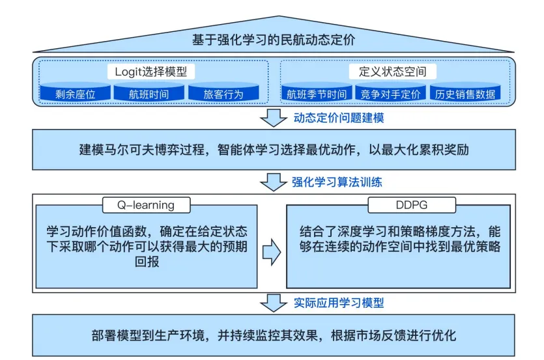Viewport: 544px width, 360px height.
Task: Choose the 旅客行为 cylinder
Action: pyautogui.click(x=223, y=93)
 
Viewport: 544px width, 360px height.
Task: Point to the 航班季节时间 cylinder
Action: pyautogui.click(x=317, y=93)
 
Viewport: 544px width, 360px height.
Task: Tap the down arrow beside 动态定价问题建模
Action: pyautogui.click(x=273, y=118)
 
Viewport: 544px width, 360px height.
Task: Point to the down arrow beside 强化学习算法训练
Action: pyautogui.click(x=273, y=182)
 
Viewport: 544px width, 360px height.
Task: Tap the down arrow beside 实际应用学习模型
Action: pyautogui.click(x=273, y=302)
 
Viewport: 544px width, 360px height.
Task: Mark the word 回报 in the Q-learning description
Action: pyautogui.click(x=59, y=262)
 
